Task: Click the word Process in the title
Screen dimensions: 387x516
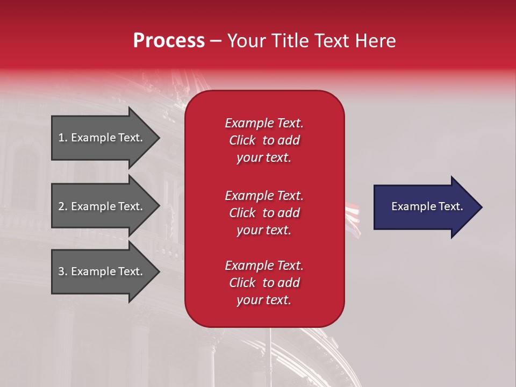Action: point(169,41)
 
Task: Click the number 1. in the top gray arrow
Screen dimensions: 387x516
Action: point(62,138)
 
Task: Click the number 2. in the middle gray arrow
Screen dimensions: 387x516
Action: point(62,206)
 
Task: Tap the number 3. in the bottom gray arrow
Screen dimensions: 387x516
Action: point(62,271)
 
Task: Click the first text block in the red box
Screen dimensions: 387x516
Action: point(264,140)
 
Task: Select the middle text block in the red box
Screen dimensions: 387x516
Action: point(264,213)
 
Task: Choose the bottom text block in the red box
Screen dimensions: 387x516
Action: point(264,283)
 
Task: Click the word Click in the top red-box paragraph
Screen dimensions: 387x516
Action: point(242,140)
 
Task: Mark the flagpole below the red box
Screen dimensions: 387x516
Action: point(270,355)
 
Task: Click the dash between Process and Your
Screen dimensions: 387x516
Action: point(216,41)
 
